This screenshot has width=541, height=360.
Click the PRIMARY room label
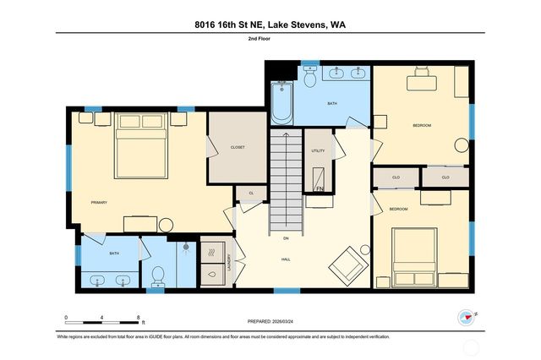click(x=99, y=203)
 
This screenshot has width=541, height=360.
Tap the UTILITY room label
click(x=318, y=150)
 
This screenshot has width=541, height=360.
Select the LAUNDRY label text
click(x=228, y=265)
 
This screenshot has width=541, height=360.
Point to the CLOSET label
click(x=238, y=147)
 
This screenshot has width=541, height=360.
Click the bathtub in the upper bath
click(x=280, y=100)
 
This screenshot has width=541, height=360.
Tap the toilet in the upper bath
click(x=309, y=79)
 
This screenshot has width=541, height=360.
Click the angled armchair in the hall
click(x=347, y=264)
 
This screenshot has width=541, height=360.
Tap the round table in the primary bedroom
click(x=166, y=226)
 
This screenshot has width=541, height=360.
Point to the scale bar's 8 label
click(x=139, y=318)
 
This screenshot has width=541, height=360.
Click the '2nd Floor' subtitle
click(x=270, y=40)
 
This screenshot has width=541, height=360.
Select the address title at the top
click(x=270, y=25)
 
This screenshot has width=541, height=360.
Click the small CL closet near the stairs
click(x=251, y=194)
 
